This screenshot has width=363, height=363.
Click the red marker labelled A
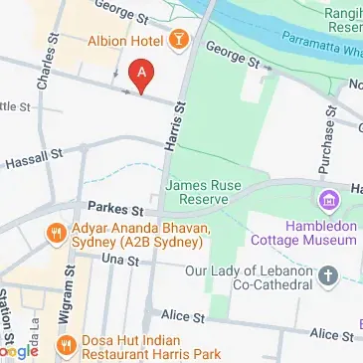coord(142,73)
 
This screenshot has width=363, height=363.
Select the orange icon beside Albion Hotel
coord(179,40)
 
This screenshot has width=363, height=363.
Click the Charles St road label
coord(42,64)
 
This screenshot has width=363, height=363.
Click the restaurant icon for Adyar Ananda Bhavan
coord(57,234)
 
